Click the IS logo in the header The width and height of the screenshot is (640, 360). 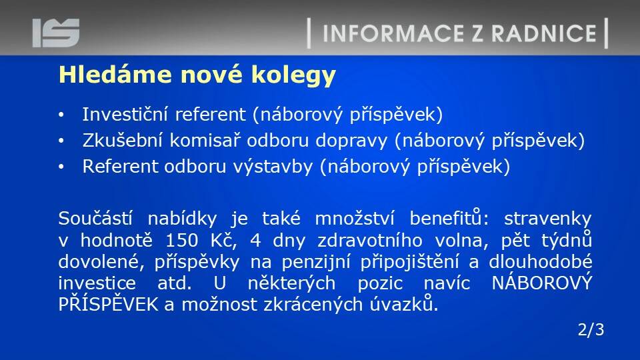pos(56,33)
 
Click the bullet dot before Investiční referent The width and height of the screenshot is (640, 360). pos(61,115)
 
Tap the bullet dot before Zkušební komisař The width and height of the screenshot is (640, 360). pos(61,141)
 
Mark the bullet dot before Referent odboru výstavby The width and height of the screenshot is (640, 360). pos(61,167)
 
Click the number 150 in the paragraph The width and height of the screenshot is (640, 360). pos(181,241)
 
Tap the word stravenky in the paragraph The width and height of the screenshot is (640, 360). pos(548,219)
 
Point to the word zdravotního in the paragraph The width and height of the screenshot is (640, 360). pos(370,240)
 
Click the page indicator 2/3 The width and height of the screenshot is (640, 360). pos(591,329)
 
